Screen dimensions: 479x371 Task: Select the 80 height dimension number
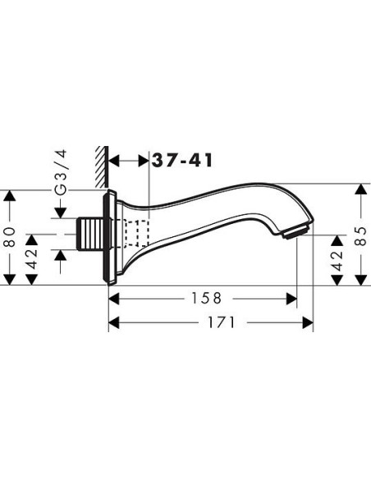10,238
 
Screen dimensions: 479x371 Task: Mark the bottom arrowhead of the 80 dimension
10,278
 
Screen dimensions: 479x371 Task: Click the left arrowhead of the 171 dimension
116,323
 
